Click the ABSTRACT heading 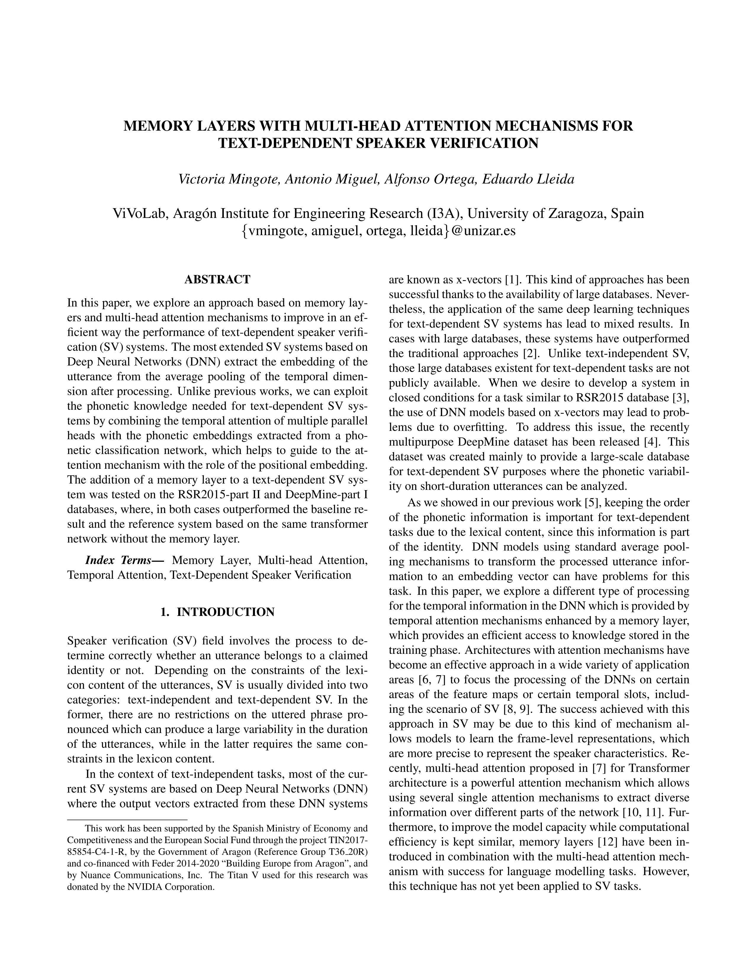click(x=217, y=280)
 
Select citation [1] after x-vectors click(x=512, y=280)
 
